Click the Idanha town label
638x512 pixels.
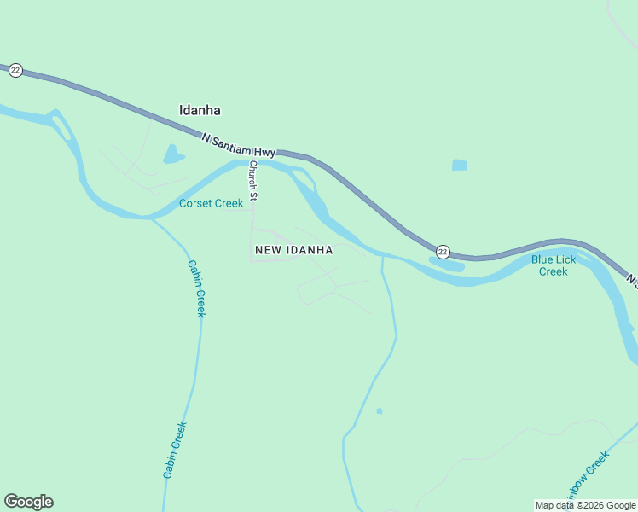200,110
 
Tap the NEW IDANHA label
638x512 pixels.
293,250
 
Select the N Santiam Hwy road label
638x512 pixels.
239,145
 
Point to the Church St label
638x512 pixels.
252,180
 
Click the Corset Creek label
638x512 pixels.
211,203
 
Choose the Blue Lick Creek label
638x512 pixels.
553,265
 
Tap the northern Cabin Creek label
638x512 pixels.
196,288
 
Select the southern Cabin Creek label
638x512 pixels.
174,450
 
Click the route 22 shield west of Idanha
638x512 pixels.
15,71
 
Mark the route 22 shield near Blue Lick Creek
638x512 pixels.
443,252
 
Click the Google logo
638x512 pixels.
28,502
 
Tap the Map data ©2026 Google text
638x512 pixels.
585,505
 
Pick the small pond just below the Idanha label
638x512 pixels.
173,154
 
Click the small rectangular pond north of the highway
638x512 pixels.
460,165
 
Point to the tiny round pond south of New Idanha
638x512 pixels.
379,411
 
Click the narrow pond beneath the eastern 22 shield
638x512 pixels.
445,265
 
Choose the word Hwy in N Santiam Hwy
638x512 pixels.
264,152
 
